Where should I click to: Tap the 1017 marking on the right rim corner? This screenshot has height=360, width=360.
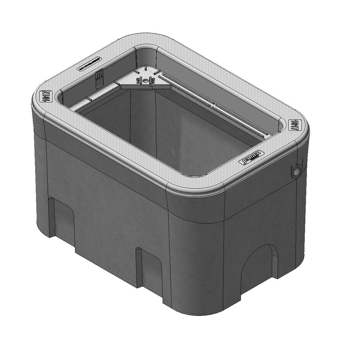point(294,124)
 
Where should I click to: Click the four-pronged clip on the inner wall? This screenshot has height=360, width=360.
point(99,76)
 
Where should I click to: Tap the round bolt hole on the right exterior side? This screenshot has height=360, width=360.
point(296,171)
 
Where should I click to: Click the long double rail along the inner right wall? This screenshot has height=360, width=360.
point(213,105)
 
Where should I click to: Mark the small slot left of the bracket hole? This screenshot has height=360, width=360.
point(139,81)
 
